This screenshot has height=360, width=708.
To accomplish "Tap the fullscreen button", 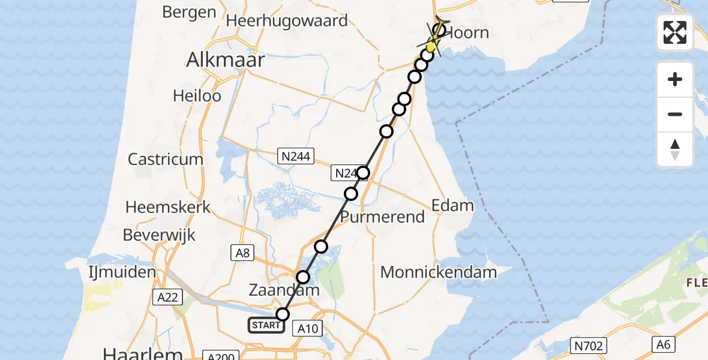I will pyautogui.click(x=675, y=32).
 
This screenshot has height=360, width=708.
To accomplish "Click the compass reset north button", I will pyautogui.click(x=675, y=149).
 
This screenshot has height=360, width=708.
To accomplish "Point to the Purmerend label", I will pyautogui.click(x=383, y=217).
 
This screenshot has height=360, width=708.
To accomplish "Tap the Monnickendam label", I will pyautogui.click(x=439, y=272).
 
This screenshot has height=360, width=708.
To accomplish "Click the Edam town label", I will pyautogui.click(x=452, y=206).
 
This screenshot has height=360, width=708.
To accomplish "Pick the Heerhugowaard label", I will pyautogui.click(x=287, y=21).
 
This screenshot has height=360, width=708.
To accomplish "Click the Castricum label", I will pyautogui.click(x=166, y=160).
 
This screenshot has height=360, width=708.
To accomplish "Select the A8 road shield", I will pyautogui.click(x=242, y=253).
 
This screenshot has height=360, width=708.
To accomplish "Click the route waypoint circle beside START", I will pyautogui.click(x=282, y=314).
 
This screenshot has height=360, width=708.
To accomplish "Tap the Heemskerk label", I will pyautogui.click(x=168, y=208).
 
